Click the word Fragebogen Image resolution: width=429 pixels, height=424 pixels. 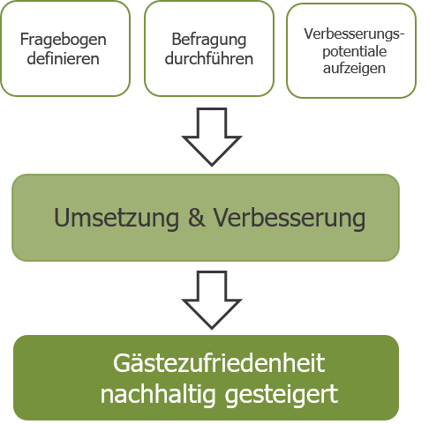pos(64,41)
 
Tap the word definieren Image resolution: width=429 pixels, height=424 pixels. pos(64,58)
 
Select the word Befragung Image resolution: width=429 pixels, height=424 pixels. pos(209,41)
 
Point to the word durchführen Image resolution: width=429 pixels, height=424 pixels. pos(209,58)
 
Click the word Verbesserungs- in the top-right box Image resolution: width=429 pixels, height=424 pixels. pos(354,34)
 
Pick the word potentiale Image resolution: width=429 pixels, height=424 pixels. pos(354,52)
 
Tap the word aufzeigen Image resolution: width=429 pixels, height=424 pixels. pos(354,69)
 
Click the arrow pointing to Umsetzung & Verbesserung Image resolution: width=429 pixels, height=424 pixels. pos(212,137)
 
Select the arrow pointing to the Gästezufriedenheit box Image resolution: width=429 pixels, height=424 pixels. pos(212,300)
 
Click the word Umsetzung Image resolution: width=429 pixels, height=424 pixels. pos(117,218)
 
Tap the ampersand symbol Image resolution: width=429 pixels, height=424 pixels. pos(197,217)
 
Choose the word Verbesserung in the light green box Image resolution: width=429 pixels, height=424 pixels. pos(290,218)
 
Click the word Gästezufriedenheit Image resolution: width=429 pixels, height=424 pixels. pos(219,363)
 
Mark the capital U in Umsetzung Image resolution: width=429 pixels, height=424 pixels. pos(63,217)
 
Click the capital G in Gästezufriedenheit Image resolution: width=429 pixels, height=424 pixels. pos(122,363)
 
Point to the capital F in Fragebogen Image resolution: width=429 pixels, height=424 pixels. pos(24,40)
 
